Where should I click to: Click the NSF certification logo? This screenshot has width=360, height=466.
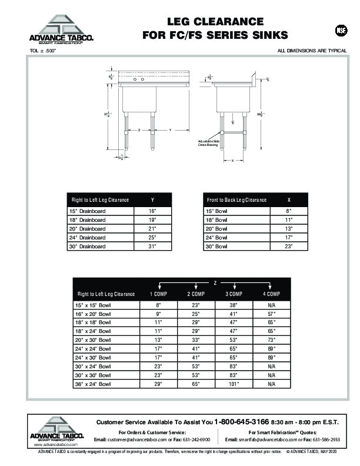coord(341,31)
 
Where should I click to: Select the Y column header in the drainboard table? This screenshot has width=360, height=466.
coord(152,200)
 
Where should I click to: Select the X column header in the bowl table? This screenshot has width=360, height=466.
coord(288,200)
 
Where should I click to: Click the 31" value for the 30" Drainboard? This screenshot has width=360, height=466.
coord(152,247)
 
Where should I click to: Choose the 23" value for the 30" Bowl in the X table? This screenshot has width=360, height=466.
coord(288,247)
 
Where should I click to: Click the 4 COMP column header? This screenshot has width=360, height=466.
coord(271,294)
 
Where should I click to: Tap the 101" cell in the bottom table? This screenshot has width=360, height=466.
coord(234,384)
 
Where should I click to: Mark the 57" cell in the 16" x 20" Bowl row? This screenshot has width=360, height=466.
coord(271,315)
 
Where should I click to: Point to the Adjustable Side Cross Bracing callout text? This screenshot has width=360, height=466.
coord(209,143)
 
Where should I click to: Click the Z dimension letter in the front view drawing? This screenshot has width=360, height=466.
coord(138,129)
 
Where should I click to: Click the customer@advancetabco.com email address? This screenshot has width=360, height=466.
coord(136,440)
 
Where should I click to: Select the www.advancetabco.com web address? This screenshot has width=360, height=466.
coord(45,445)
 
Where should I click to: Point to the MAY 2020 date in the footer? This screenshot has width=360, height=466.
coord(328,451)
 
